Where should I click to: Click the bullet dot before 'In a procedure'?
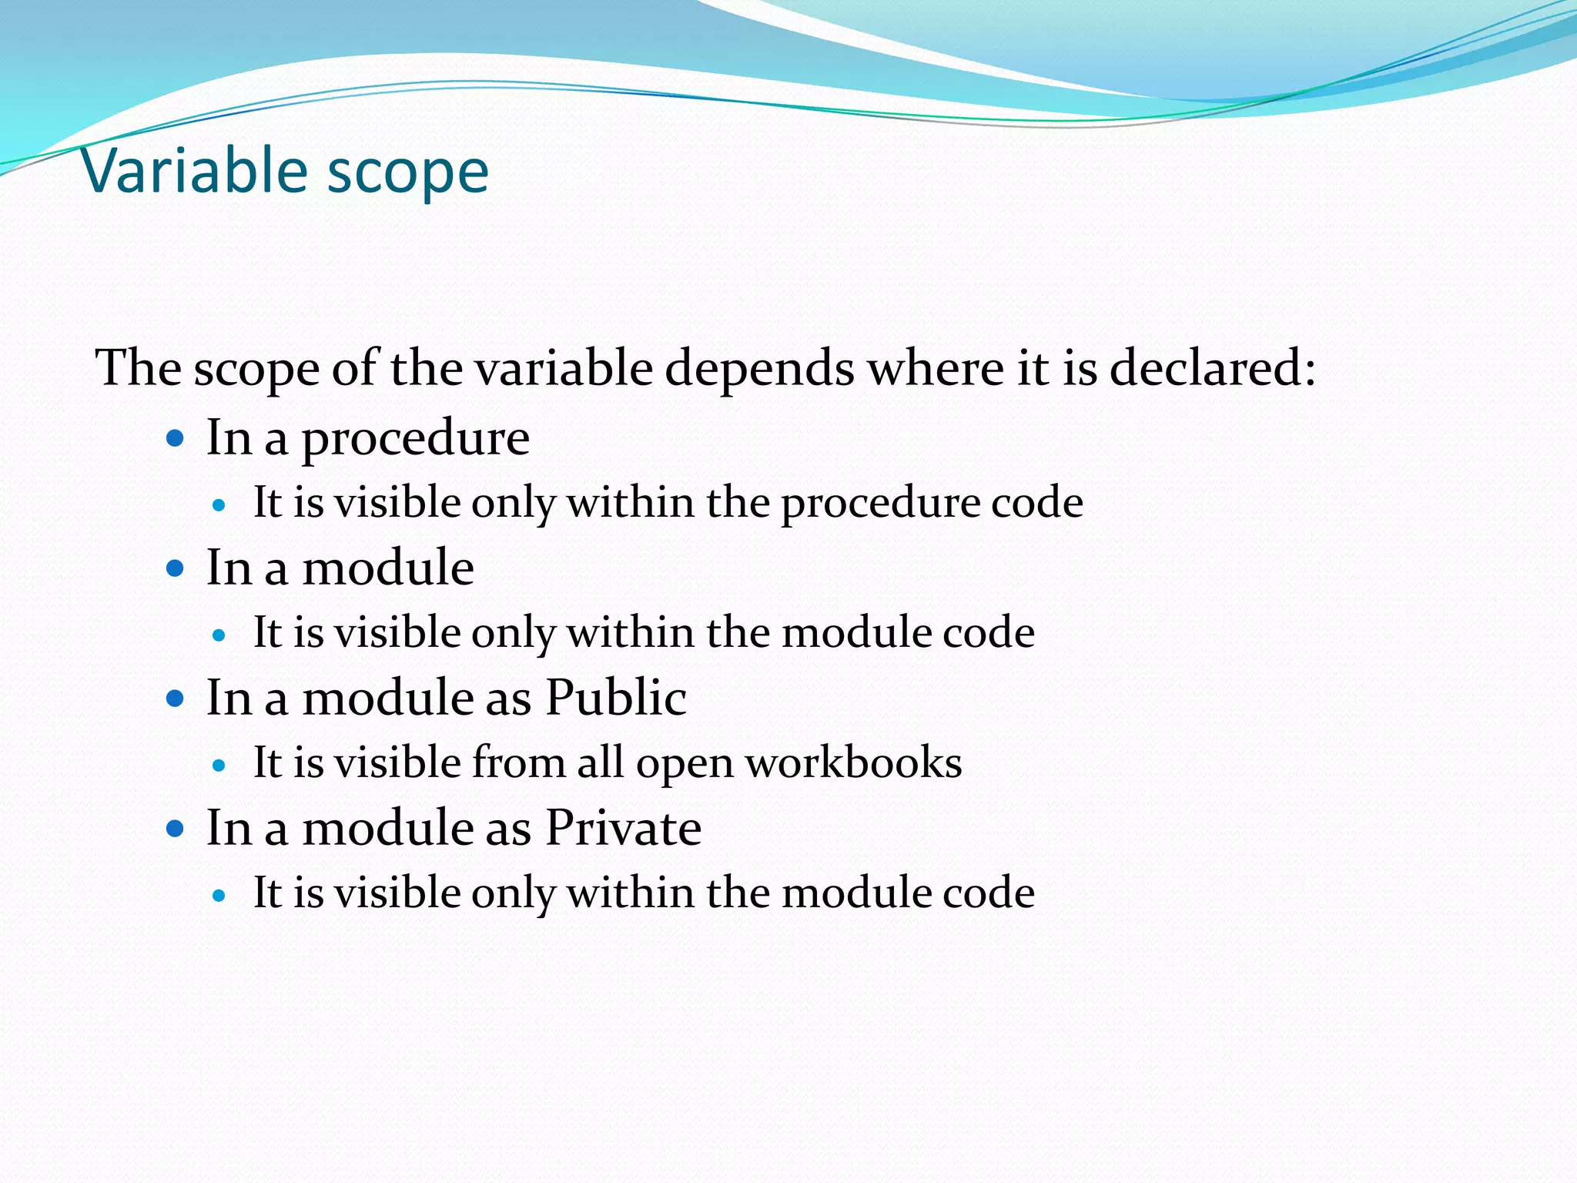(176, 439)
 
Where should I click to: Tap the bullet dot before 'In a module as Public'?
(176, 699)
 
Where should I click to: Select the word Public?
(615, 698)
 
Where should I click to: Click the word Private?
(623, 828)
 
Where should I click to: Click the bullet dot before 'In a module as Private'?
(176, 829)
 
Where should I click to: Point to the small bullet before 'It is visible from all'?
(219, 766)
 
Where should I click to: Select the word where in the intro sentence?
(936, 367)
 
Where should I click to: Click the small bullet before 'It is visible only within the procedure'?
(219, 506)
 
